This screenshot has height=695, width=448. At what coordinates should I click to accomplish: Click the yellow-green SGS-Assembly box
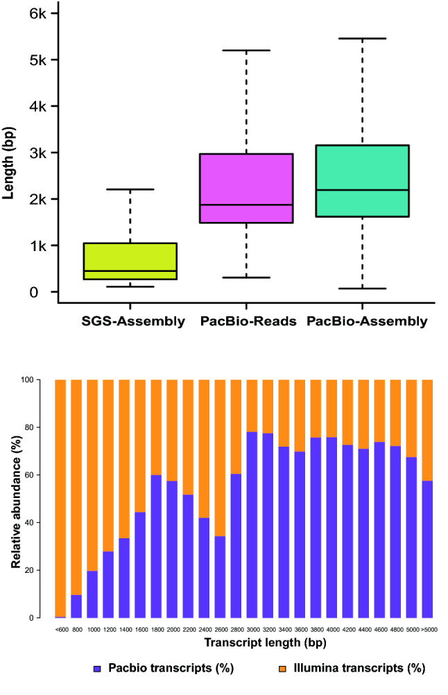[130, 261]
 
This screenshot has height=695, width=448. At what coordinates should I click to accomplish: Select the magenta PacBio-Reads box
[246, 188]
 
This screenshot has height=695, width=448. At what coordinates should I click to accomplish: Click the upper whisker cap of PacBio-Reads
[246, 51]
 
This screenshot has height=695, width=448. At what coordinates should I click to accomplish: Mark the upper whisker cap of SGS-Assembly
[130, 189]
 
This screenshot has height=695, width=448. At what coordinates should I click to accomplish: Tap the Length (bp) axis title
[10, 153]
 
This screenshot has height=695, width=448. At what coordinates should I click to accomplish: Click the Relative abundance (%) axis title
[15, 498]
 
